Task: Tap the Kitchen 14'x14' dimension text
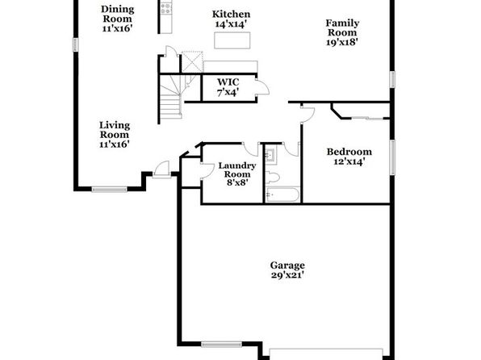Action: click(x=231, y=24)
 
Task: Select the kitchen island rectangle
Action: click(x=232, y=40)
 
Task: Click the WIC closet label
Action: click(x=228, y=82)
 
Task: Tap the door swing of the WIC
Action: click(x=263, y=87)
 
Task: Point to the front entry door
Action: click(x=161, y=170)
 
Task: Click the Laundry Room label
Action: click(x=236, y=170)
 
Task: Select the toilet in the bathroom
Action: click(x=273, y=178)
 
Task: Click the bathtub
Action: click(x=282, y=195)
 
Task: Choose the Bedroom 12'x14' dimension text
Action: click(x=349, y=161)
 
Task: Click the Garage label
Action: click(x=287, y=266)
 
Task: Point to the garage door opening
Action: click(x=326, y=354)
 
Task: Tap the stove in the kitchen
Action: click(x=166, y=8)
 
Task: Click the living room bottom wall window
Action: click(x=110, y=190)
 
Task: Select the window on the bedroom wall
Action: click(x=392, y=157)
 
